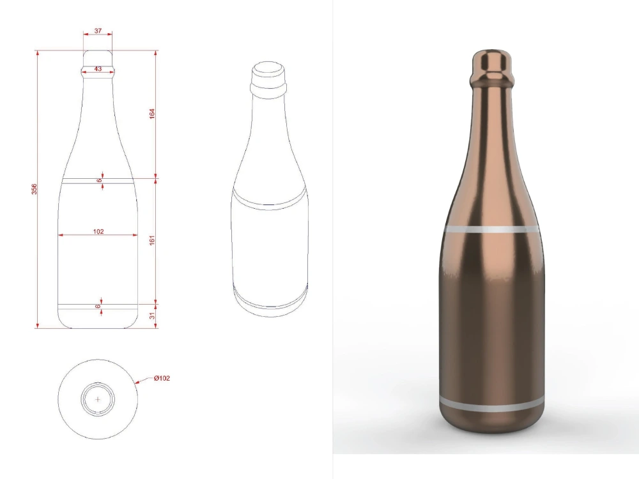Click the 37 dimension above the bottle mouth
98,31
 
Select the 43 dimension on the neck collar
98,68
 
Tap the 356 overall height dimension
35,189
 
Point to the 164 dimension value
151,114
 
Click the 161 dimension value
151,240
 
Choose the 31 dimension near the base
151,316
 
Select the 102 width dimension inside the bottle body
98,231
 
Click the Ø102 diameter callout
162,378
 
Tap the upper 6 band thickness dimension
99,181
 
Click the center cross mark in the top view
98,399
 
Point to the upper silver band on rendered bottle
491,229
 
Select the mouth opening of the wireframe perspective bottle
268,68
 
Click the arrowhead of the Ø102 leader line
137,383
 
